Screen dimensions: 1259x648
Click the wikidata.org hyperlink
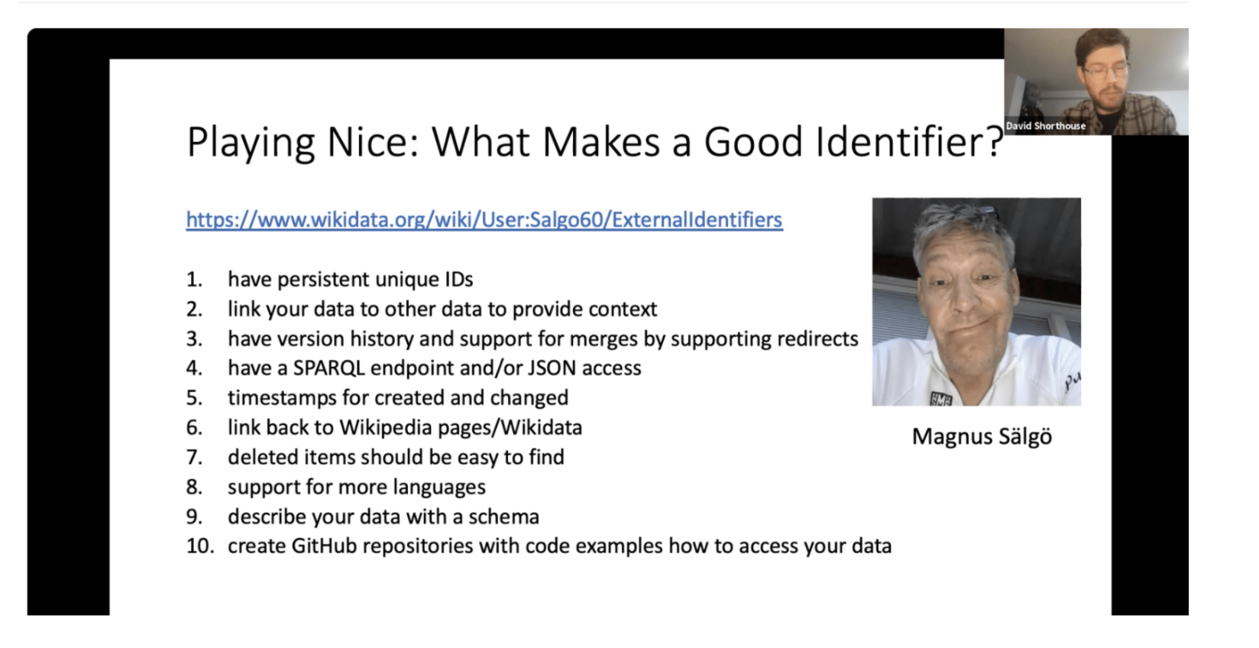tap(484, 220)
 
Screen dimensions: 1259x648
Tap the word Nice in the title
tap(372, 141)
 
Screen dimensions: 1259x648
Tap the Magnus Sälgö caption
tap(982, 437)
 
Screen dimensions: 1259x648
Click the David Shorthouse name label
tap(1045, 126)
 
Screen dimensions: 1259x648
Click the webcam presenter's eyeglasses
tap(1105, 71)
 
